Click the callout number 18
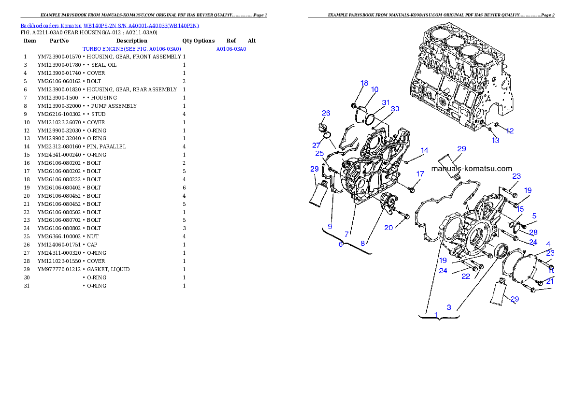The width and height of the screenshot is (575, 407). [x=364, y=83]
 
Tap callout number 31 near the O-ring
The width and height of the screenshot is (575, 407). [x=386, y=102]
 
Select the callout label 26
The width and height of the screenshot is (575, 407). [x=326, y=113]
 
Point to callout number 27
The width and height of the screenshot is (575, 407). [x=316, y=145]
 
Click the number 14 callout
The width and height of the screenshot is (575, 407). [x=424, y=150]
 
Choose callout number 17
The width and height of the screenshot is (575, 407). [x=420, y=174]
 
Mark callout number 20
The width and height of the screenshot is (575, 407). [x=388, y=228]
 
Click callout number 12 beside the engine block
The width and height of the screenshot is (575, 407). [x=510, y=131]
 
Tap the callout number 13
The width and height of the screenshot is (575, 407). [x=495, y=140]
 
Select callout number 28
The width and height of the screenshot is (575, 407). [x=533, y=232]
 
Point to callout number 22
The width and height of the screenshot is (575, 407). [x=465, y=276]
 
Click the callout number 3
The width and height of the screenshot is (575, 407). [x=449, y=307]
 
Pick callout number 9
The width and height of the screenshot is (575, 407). [x=330, y=226]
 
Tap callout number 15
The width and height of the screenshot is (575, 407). [x=520, y=209]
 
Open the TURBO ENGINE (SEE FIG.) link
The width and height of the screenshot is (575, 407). [x=131, y=49]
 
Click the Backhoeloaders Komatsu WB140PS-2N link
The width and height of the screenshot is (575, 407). [x=110, y=25]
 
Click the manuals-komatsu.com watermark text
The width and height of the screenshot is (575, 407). [x=471, y=169]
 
